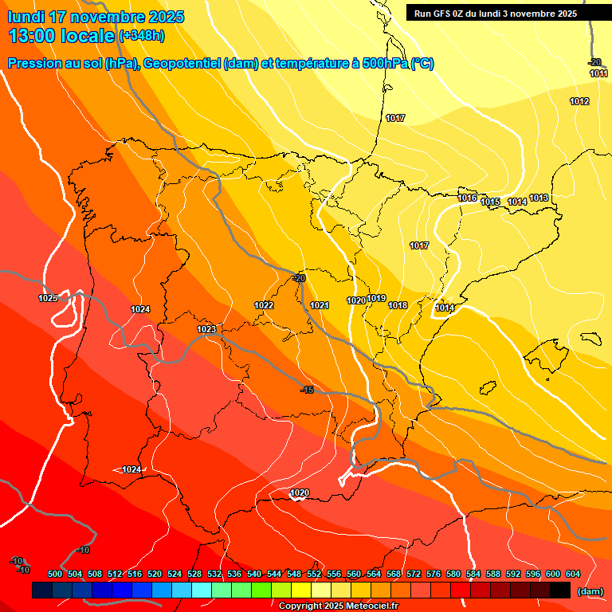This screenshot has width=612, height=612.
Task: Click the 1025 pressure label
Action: point(48,298)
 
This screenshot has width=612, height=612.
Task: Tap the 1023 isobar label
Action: point(206,329)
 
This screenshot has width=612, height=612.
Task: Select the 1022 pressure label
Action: point(264,305)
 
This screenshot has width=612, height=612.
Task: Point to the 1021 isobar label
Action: point(320,305)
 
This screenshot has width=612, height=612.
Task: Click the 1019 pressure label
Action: point(377,298)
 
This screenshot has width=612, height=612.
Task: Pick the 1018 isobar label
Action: point(398,305)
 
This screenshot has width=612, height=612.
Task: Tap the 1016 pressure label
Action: point(467,198)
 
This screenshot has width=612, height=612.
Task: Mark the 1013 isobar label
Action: point(539,198)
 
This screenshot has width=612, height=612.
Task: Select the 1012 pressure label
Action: point(579,101)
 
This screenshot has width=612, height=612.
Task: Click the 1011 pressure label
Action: point(598,73)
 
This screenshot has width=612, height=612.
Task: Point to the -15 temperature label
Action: point(307,390)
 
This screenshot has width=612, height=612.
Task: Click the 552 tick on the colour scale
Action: point(314,574)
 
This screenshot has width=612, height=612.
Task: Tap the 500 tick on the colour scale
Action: point(55,574)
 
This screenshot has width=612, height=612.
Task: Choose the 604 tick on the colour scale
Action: point(573,574)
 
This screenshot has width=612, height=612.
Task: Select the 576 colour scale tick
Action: point(433,574)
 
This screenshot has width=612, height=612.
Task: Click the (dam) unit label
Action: point(590,591)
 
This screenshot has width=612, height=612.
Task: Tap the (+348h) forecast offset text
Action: point(142,35)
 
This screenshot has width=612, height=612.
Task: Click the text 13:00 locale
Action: point(61,36)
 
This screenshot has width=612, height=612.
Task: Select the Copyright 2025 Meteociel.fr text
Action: point(339,606)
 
